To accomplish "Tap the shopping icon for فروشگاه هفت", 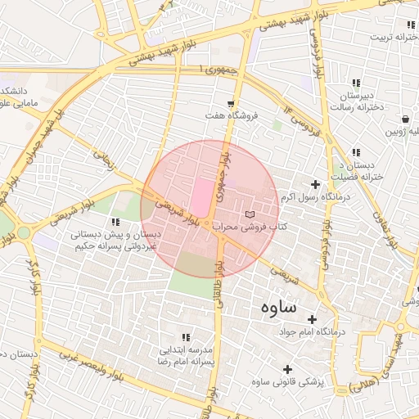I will click(232, 104).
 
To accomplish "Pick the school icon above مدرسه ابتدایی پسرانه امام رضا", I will click(186, 337).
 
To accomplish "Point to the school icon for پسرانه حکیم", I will click(115, 222).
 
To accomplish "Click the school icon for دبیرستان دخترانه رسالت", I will click(356, 83).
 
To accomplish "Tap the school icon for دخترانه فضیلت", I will click(356, 152).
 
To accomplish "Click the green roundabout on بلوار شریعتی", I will click(23, 233).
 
